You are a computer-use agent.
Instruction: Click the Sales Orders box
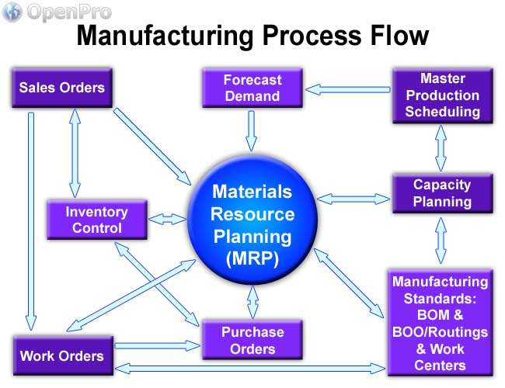click(x=61, y=87)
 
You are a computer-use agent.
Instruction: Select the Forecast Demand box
click(x=252, y=88)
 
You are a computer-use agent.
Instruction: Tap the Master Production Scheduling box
click(x=442, y=95)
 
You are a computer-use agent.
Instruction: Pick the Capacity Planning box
click(x=442, y=193)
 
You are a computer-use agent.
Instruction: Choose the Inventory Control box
click(x=97, y=220)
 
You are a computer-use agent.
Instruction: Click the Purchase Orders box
click(x=252, y=340)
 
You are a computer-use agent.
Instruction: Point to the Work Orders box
click(x=61, y=356)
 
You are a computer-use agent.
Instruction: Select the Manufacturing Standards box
click(x=440, y=323)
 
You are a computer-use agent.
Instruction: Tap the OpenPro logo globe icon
click(x=12, y=12)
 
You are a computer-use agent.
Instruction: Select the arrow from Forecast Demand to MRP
click(x=251, y=130)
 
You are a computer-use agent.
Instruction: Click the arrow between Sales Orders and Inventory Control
click(x=75, y=152)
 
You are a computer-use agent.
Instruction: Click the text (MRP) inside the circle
click(x=252, y=259)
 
